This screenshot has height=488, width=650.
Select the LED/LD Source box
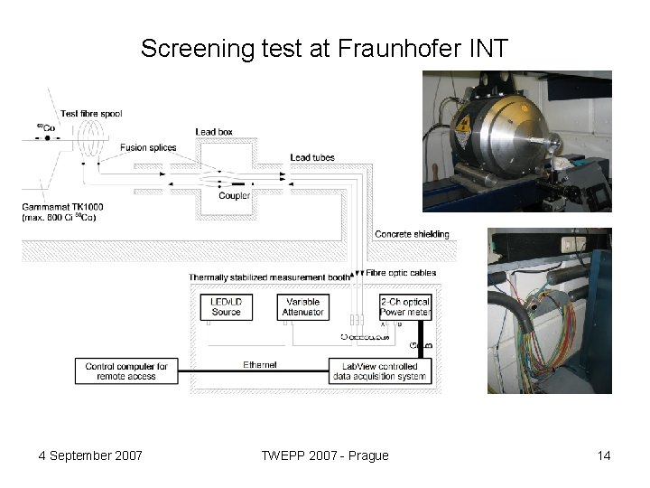[x=226, y=307]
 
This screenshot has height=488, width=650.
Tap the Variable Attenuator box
[x=302, y=307]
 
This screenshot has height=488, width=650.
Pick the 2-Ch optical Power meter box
[x=404, y=307]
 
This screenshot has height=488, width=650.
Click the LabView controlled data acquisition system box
[x=380, y=371]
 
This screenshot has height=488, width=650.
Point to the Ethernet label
[x=259, y=364]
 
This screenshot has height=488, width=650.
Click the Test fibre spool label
[x=91, y=114]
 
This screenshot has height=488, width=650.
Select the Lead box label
[x=214, y=132]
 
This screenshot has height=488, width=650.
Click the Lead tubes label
[x=312, y=158]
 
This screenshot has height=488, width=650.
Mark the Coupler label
[x=234, y=196]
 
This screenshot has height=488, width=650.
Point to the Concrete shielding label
[x=411, y=234]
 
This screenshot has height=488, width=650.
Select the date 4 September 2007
[x=90, y=455]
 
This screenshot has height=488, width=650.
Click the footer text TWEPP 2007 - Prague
[x=324, y=455]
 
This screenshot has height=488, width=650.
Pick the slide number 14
[x=603, y=455]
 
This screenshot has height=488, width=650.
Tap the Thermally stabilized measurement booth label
[x=269, y=277]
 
